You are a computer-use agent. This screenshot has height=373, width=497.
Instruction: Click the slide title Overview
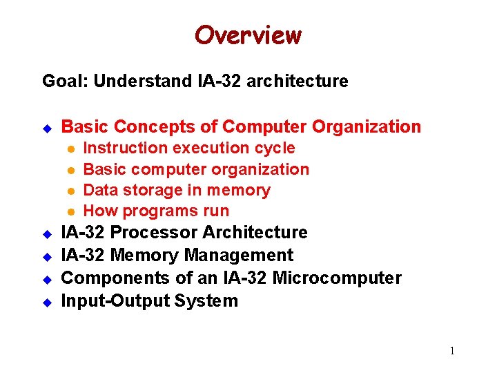248,35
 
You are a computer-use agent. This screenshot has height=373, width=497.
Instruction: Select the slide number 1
452,351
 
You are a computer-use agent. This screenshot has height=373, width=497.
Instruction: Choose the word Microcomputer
337,278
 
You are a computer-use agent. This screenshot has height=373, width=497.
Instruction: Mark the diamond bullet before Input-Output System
48,302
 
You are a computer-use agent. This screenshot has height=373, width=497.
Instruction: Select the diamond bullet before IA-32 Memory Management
48,256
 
